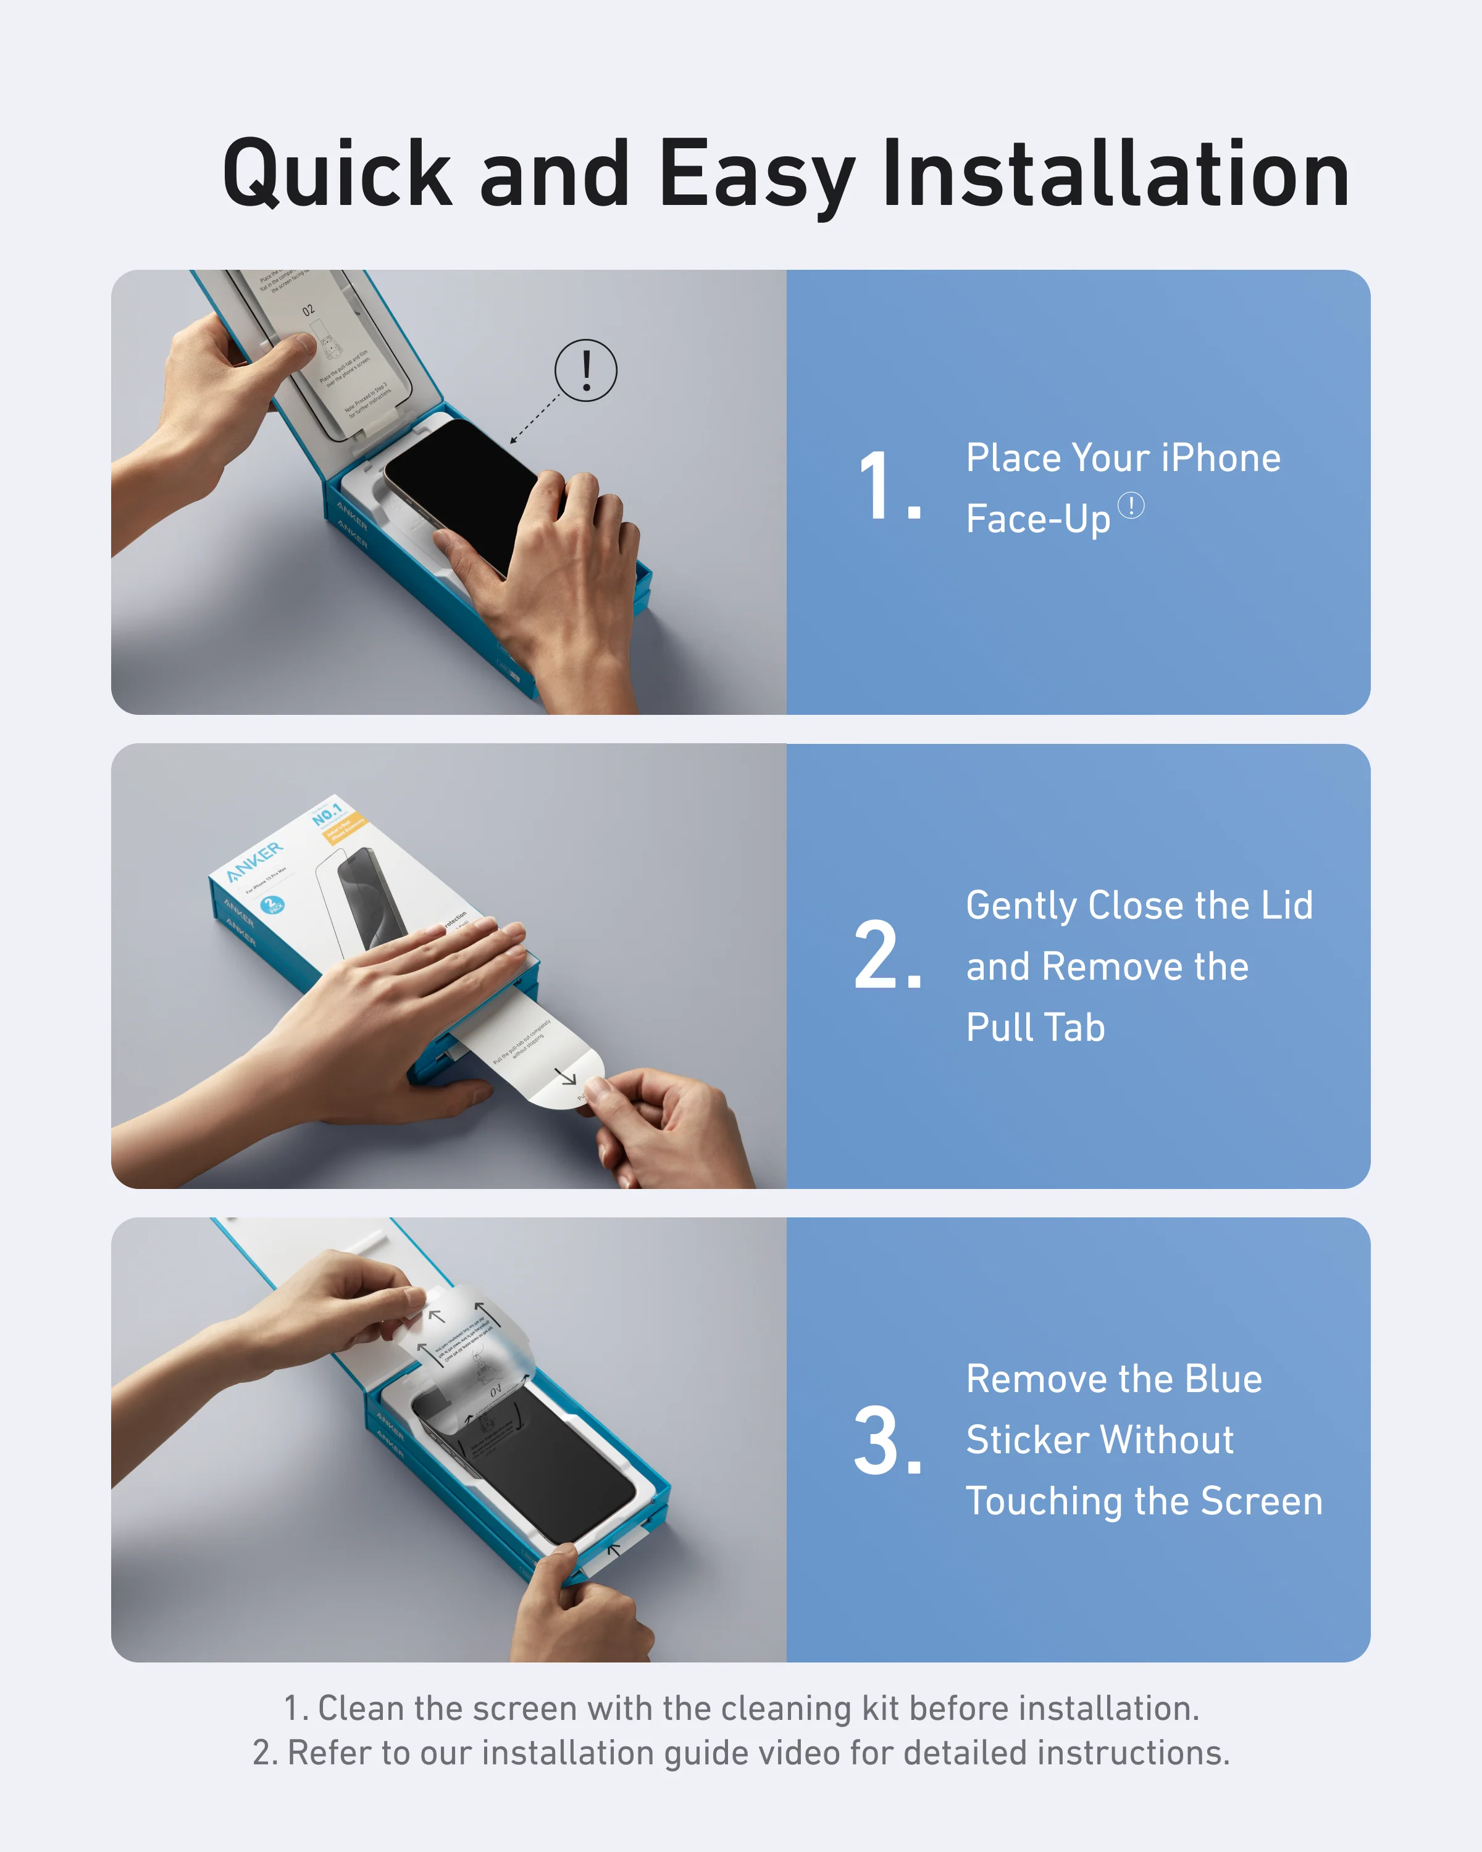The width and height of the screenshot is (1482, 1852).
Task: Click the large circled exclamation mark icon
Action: tap(586, 370)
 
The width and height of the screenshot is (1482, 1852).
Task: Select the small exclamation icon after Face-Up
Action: tap(1131, 505)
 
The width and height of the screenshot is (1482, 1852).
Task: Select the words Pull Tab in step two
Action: tap(1036, 1027)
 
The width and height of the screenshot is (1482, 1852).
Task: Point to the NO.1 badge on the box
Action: tap(327, 812)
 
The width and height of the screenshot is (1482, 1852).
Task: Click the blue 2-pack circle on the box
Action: tap(272, 904)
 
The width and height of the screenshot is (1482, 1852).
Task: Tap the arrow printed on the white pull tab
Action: tap(566, 1075)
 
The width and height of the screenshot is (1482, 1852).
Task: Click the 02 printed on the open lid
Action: tap(308, 309)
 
